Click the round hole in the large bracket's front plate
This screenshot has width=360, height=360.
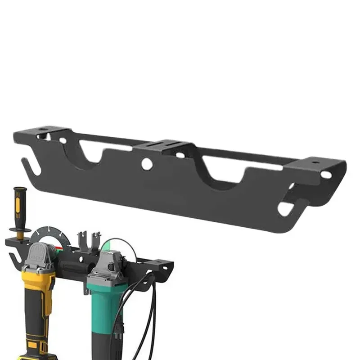point(147,164)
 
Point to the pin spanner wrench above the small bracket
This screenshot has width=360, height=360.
point(89,241)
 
